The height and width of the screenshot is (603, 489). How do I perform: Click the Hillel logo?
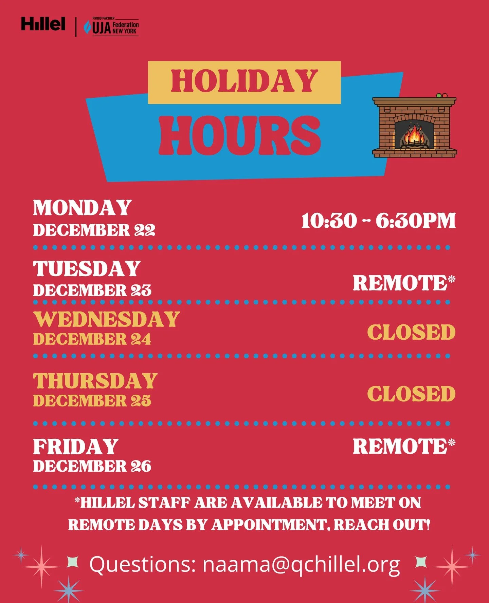point(43,24)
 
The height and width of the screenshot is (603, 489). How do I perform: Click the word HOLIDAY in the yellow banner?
point(244,81)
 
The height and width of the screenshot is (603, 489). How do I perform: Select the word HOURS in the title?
point(240,135)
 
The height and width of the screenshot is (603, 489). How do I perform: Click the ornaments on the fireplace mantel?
point(441,96)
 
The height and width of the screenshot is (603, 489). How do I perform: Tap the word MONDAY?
point(82,208)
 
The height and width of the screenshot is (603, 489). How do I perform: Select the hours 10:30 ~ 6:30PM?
point(378,221)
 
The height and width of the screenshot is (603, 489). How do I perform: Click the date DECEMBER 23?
point(92,290)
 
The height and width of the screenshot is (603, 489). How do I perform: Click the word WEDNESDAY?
point(106,319)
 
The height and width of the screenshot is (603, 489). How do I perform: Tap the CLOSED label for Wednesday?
point(411,332)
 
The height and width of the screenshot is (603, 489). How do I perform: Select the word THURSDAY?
point(95,381)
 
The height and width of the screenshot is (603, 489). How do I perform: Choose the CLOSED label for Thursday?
point(411,394)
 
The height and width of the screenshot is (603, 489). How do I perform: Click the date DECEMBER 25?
point(92,401)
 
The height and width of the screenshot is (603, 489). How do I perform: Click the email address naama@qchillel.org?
point(301,565)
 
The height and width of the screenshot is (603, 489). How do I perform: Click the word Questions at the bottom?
point(142,565)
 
